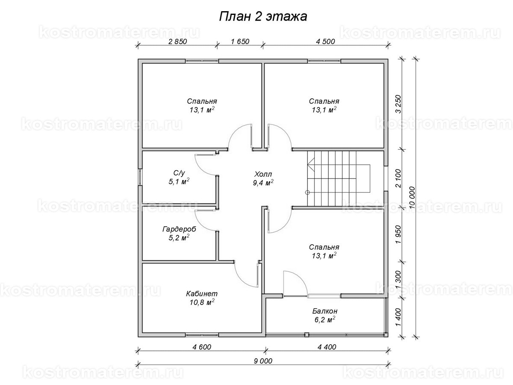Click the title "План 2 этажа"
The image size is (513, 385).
[262, 16]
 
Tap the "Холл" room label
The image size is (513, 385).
[263, 175]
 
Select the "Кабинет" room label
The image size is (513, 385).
[202, 294]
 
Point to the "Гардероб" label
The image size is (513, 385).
[179, 229]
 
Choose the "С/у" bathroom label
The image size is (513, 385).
[179, 173]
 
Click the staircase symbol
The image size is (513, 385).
[338, 179]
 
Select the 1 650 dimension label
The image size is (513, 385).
[240, 41]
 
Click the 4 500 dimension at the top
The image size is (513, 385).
[325, 41]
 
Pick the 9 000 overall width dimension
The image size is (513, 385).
[262, 361]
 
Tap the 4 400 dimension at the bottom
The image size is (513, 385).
[327, 347]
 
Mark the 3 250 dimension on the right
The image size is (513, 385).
[398, 104]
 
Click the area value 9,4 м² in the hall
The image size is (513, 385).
[263, 183]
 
